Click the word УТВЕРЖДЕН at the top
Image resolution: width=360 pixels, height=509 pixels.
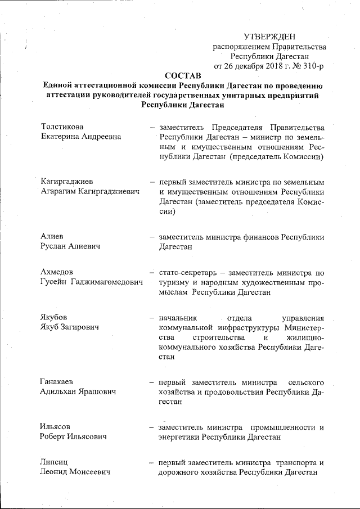(269, 37)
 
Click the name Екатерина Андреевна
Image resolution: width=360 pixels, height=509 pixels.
(81, 137)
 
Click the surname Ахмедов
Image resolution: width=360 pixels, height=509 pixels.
(58, 273)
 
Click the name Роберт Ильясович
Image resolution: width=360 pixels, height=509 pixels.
(73, 436)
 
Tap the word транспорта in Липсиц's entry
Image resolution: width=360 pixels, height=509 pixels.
(295, 463)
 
